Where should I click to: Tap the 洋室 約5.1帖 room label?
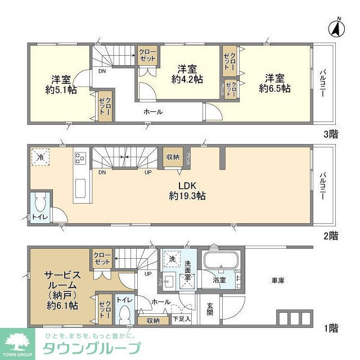61,83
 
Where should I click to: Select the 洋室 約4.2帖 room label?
187,74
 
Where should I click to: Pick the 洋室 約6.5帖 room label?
274,83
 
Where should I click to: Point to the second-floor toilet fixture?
39,202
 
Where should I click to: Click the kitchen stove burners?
80,158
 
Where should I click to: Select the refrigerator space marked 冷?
40,157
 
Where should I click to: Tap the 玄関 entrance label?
209,310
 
